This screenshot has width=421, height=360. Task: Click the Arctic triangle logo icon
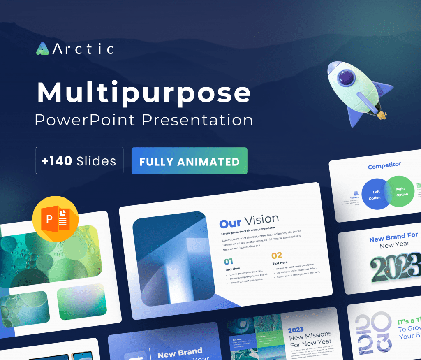pyautogui.click(x=42, y=49)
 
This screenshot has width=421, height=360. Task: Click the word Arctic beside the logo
pyautogui.click(x=83, y=49)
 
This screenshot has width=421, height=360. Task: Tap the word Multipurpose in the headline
pyautogui.click(x=144, y=93)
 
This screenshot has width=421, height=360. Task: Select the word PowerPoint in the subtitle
pyautogui.click(x=85, y=120)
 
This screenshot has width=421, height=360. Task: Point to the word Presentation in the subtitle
pyautogui.click(x=197, y=120)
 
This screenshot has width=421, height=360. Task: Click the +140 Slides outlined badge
pyautogui.click(x=79, y=160)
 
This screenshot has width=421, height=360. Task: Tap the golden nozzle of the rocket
pyautogui.click(x=382, y=114)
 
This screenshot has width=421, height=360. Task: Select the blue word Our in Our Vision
pyautogui.click(x=230, y=223)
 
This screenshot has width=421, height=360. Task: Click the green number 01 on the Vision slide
pyautogui.click(x=229, y=261)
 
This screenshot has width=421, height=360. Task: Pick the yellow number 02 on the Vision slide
pyautogui.click(x=277, y=255)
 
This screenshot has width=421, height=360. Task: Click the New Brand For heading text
pyautogui.click(x=393, y=238)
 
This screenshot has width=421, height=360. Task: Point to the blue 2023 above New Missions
pyautogui.click(x=296, y=330)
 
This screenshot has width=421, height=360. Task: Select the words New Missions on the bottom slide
pyautogui.click(x=310, y=335)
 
